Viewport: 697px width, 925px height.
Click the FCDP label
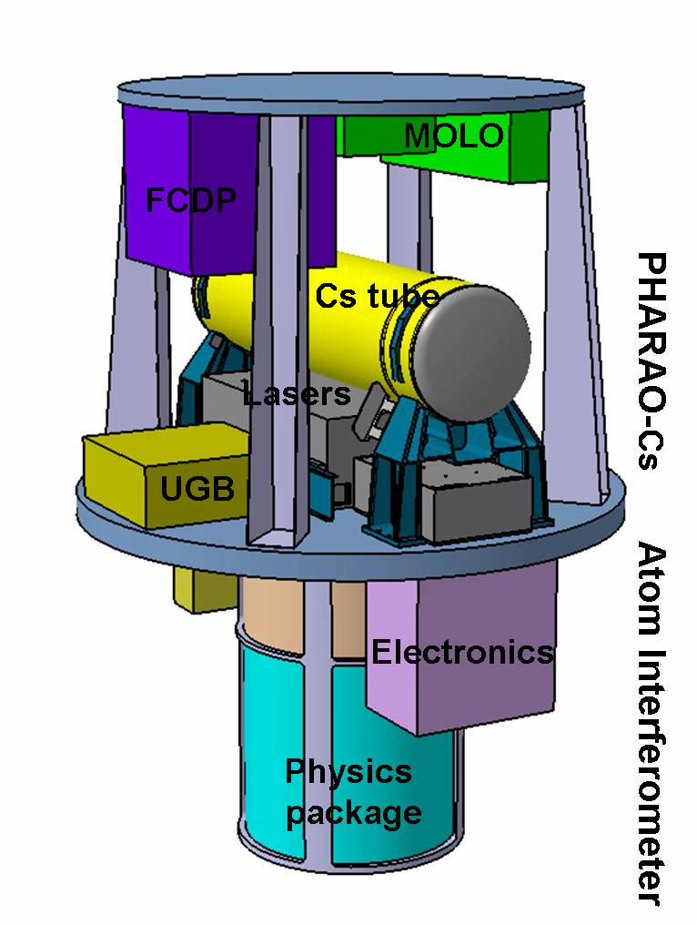[x=187, y=198]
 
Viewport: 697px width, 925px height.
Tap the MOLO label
[x=453, y=137]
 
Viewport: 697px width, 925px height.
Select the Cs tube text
[x=378, y=296]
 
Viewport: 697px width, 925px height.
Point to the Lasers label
[x=297, y=394]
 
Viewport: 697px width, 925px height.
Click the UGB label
[x=197, y=489]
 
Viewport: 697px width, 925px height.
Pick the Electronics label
[x=462, y=652]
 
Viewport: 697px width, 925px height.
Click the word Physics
[x=348, y=772]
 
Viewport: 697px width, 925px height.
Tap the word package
[x=354, y=811]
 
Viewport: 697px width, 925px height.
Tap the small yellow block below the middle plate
[x=196, y=592]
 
